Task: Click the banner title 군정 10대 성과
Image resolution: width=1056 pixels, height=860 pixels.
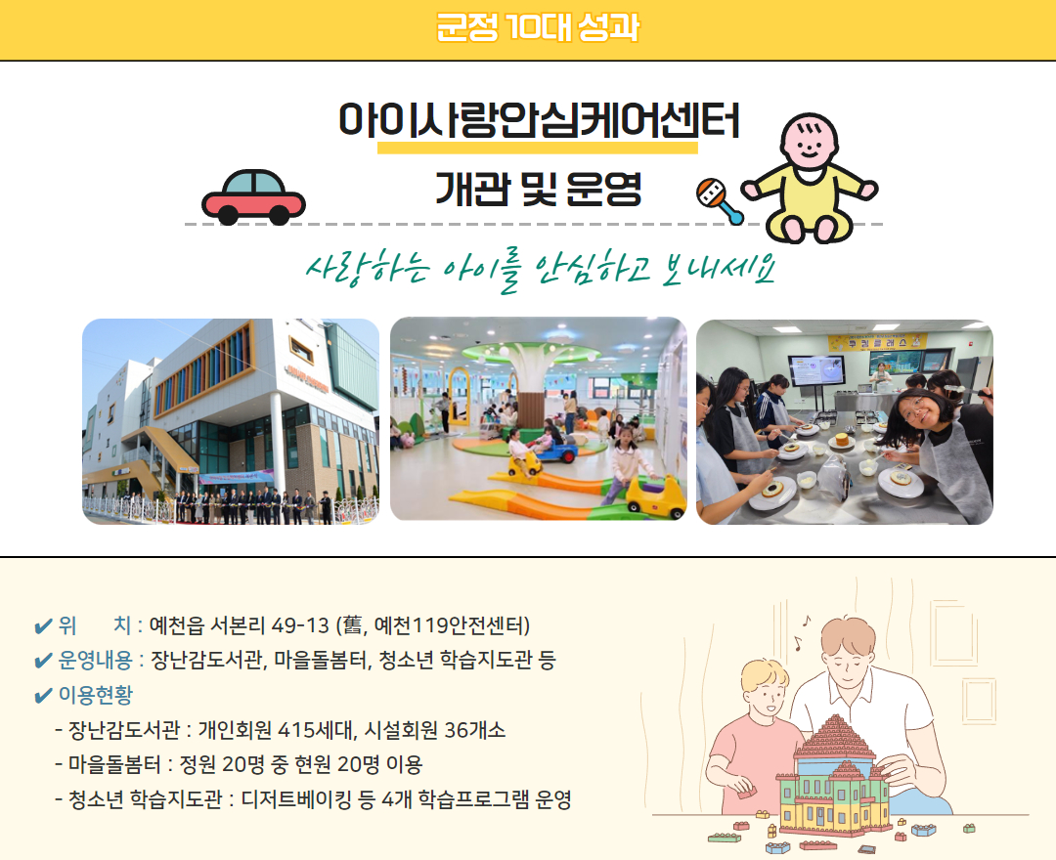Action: (x=538, y=27)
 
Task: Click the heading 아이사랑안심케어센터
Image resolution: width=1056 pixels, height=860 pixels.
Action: (x=539, y=121)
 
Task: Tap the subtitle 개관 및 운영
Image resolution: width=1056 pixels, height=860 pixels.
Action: (x=538, y=188)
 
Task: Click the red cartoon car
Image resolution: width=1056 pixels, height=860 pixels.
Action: (x=253, y=196)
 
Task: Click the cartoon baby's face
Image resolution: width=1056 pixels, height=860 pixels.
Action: (x=809, y=144)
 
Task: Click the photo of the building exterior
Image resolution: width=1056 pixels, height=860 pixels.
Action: (x=231, y=421)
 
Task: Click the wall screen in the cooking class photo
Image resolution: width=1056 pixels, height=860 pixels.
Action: (x=816, y=370)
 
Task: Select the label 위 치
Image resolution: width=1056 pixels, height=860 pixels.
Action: (x=95, y=625)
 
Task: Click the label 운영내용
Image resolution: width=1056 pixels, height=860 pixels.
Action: (x=95, y=660)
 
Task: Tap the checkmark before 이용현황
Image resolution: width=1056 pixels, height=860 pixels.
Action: (x=43, y=696)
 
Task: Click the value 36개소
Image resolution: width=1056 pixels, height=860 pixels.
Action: (x=475, y=730)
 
